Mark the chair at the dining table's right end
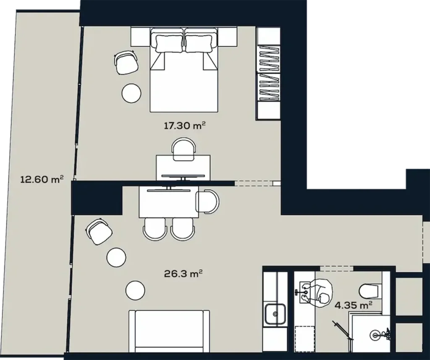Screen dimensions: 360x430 click(208, 202)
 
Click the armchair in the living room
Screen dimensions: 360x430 click(99, 231)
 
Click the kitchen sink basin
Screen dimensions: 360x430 click(275, 313)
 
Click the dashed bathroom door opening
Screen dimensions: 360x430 click(336, 268)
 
